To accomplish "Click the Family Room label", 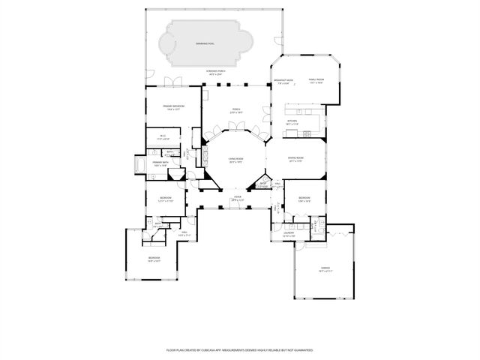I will point(316,82).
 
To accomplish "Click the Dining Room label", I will point(295,159).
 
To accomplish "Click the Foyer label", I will point(238,199).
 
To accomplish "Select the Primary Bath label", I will point(160,163).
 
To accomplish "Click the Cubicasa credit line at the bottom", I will point(240,350).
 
